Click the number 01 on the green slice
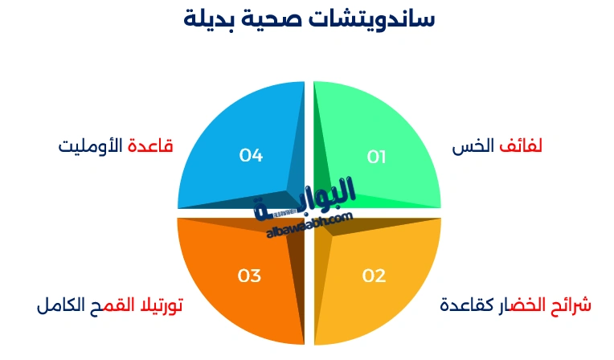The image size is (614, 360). [377, 157]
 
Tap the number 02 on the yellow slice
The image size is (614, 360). [374, 276]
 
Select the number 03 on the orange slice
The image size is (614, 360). [249, 276]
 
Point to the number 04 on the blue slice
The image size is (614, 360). [252, 155]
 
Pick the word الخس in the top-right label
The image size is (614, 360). [473, 146]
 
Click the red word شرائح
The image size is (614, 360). [574, 305]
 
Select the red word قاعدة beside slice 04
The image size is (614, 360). [152, 146]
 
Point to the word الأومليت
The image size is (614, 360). [91, 146]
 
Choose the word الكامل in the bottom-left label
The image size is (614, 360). [60, 306]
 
